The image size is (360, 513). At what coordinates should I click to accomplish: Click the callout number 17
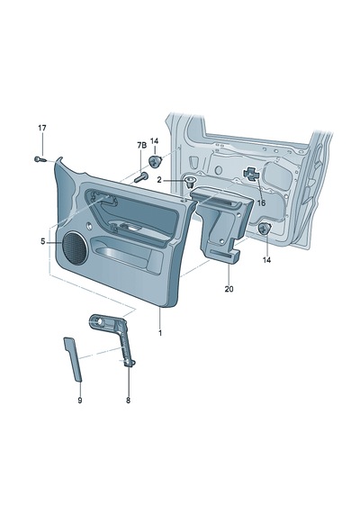(x=42, y=128)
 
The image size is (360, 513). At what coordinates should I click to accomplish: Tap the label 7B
(x=141, y=146)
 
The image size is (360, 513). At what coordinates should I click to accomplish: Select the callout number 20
(x=229, y=289)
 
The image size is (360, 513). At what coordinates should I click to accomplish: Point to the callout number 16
(x=261, y=203)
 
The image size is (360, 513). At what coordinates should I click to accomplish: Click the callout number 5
(x=43, y=242)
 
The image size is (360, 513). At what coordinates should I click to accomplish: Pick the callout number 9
(x=80, y=400)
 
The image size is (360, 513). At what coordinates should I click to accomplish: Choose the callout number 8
(x=128, y=400)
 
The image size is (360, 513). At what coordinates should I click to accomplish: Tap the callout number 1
(x=160, y=333)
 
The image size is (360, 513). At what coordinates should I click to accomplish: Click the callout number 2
(x=159, y=180)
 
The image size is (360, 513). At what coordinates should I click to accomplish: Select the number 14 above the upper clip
(x=154, y=141)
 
